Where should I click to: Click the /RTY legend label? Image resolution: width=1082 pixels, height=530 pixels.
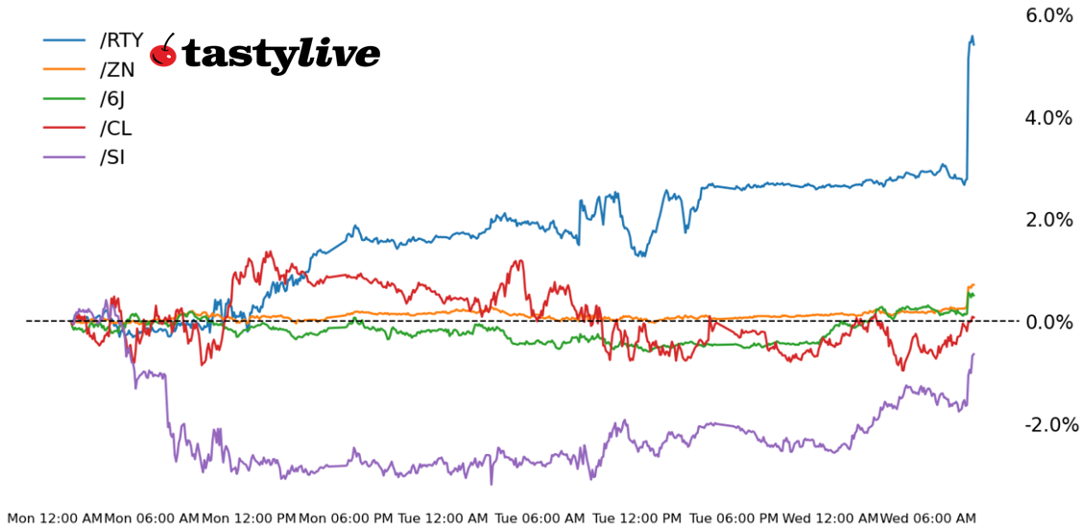pyautogui.click(x=121, y=40)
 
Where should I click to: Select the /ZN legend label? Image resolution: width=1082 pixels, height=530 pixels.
pyautogui.click(x=117, y=69)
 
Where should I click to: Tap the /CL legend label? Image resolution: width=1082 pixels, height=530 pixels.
pyautogui.click(x=116, y=129)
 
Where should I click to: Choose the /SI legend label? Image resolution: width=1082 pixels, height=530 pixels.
pyautogui.click(x=112, y=157)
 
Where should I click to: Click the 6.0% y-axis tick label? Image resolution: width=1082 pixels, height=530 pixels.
pyautogui.click(x=1049, y=15)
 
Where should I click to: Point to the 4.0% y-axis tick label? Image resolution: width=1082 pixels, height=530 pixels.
pyautogui.click(x=1049, y=118)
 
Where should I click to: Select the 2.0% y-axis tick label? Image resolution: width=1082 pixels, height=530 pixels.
pyautogui.click(x=1049, y=220)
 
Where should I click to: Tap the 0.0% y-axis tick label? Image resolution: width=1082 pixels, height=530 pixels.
pyautogui.click(x=1049, y=322)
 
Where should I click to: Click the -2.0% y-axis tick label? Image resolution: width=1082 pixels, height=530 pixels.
pyautogui.click(x=1046, y=424)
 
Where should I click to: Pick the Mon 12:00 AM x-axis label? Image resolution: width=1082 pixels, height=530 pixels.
pyautogui.click(x=54, y=518)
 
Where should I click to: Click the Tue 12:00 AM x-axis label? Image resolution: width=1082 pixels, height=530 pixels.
pyautogui.click(x=444, y=518)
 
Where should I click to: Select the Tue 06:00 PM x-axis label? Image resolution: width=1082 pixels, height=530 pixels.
pyautogui.click(x=734, y=518)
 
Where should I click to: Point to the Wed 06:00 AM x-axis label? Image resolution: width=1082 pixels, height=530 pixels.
pyautogui.click(x=928, y=518)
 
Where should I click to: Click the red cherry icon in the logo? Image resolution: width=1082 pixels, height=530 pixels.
pyautogui.click(x=164, y=53)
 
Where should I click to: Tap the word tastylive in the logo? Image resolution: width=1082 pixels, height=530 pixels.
pyautogui.click(x=281, y=55)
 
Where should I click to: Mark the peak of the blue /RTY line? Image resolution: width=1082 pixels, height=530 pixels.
pyautogui.click(x=972, y=37)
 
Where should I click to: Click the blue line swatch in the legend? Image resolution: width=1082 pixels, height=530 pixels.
pyautogui.click(x=66, y=40)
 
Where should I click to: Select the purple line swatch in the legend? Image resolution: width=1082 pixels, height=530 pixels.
pyautogui.click(x=66, y=157)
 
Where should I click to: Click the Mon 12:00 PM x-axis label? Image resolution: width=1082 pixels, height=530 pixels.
pyautogui.click(x=249, y=518)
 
